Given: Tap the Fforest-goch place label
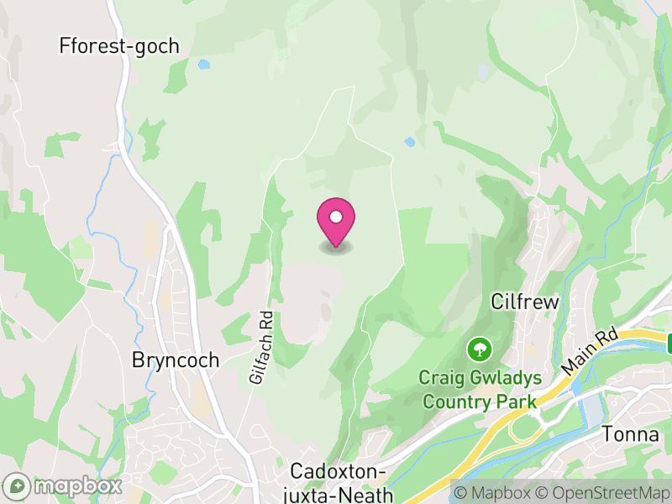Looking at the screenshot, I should [119, 45].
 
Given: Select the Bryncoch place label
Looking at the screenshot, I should [176, 360].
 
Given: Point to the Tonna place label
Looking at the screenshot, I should [630, 434].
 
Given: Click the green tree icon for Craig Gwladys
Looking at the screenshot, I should [479, 348].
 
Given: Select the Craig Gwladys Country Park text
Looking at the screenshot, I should [479, 391].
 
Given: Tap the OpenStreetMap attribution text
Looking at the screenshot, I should [603, 491].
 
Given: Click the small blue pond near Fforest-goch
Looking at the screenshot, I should [203, 64].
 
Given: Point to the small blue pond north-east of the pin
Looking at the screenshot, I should [409, 142].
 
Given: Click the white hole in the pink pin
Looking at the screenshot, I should [336, 217].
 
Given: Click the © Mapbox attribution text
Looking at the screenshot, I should [493, 491].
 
